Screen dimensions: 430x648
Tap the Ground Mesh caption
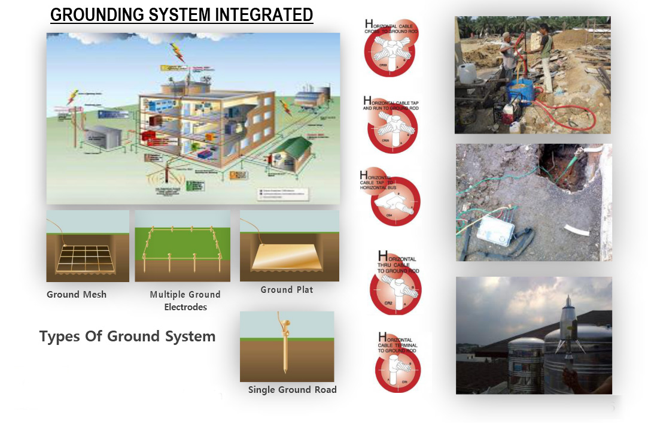[x=77, y=295]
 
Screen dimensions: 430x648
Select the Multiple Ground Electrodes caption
[x=185, y=301]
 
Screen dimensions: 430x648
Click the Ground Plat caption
[x=287, y=290]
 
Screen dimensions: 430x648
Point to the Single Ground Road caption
[x=293, y=390]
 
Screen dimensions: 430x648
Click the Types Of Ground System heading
[x=127, y=337]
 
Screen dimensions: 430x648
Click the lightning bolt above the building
[x=178, y=52]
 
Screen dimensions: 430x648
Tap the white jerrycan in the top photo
[x=466, y=73]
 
